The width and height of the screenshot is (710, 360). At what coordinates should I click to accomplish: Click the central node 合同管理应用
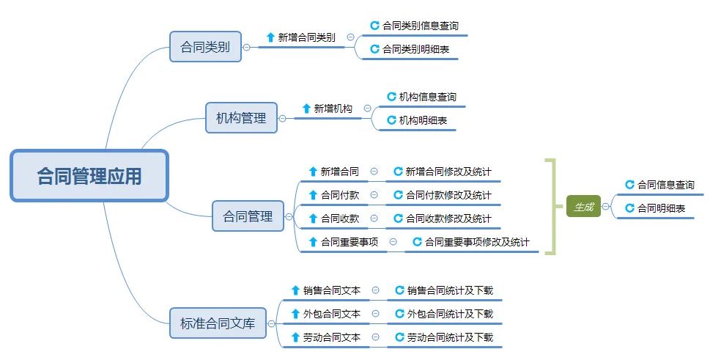89,176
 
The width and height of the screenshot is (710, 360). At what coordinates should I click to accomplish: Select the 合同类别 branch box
205,47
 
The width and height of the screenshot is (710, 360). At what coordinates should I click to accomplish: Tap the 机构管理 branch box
241,117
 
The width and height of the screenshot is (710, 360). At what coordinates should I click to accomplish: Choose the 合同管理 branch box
248,216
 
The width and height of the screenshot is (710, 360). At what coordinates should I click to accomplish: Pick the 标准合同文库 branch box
218,323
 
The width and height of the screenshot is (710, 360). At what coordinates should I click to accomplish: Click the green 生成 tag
583,207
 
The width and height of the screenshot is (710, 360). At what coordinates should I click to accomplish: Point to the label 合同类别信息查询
421,26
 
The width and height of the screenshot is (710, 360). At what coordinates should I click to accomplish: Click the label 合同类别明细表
416,49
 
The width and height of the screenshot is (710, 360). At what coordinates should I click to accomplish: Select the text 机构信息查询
428,97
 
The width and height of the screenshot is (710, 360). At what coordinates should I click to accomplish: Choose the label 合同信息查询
666,185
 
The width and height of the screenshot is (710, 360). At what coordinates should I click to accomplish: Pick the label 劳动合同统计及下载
450,337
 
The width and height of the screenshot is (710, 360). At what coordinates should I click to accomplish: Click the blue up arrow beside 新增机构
306,109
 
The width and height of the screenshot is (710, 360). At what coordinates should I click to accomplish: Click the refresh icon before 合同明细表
629,208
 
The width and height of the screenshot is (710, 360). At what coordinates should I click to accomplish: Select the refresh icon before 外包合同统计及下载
399,314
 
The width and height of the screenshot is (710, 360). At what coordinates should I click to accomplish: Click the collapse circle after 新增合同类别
350,37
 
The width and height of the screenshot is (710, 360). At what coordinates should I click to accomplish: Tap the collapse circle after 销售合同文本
376,290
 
